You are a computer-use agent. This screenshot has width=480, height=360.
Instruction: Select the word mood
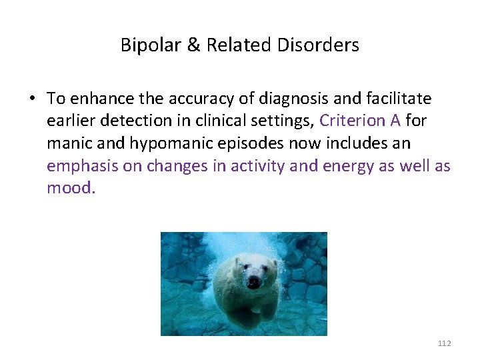pos(71,188)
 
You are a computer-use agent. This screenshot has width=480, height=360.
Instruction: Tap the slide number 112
pos(444,343)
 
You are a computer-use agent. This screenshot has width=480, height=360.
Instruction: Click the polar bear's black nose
pos(253,282)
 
